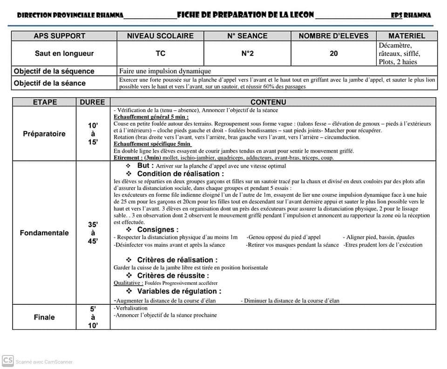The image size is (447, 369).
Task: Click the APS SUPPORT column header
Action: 59,36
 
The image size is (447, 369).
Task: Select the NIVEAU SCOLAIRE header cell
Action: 160,36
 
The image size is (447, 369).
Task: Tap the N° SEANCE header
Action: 247,36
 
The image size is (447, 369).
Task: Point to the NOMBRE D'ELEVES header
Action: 333,36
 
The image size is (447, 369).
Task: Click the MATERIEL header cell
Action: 406,36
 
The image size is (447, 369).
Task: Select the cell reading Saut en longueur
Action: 64,54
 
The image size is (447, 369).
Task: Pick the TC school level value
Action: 160,54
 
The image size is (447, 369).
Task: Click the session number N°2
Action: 247,54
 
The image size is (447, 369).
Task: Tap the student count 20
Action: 333,54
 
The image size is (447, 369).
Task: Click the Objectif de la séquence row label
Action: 54,71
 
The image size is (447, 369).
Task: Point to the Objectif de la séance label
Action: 50,83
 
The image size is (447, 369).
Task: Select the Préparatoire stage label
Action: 44,134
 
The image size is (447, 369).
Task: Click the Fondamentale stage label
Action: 44,233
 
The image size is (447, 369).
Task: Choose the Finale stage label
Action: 44,317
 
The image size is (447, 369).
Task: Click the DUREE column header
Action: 93,102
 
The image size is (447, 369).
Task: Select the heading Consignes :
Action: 157,229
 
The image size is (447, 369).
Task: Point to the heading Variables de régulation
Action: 179,291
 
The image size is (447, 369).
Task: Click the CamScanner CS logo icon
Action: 7,361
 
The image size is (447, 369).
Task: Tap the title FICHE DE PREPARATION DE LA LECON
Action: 245,15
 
